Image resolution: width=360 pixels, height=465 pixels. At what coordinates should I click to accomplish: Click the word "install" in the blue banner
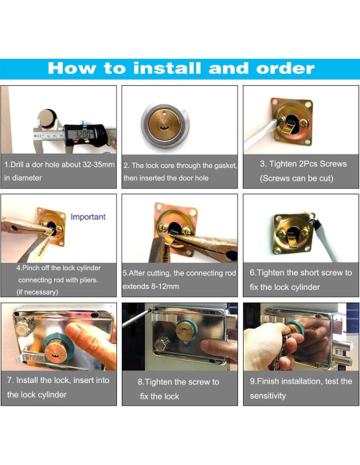point(166,68)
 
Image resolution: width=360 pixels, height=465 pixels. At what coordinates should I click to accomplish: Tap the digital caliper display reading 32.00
point(81,135)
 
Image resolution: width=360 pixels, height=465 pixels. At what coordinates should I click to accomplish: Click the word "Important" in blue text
point(88,217)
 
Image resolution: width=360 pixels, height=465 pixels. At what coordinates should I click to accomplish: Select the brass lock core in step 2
point(164,124)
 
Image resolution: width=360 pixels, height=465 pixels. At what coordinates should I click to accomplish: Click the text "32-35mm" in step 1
point(99,164)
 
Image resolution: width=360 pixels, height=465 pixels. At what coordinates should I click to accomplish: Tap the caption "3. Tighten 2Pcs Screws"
point(303,164)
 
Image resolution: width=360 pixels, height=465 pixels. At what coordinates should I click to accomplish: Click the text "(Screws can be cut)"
point(296,178)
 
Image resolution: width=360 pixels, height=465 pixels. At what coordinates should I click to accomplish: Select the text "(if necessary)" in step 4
point(37,291)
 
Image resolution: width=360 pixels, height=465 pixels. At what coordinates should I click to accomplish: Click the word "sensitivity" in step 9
point(268,396)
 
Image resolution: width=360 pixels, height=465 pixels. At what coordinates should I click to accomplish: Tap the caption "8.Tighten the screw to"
point(178,382)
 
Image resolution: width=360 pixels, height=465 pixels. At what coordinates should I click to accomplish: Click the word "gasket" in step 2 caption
point(226,166)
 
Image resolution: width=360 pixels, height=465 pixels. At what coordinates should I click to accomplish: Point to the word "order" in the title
point(285,68)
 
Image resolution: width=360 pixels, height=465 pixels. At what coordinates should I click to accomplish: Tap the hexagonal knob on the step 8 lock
point(162,344)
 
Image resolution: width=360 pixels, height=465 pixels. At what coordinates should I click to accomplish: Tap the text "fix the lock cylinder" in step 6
point(284,287)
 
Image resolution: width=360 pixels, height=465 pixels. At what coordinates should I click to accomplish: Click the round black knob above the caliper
point(48,119)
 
